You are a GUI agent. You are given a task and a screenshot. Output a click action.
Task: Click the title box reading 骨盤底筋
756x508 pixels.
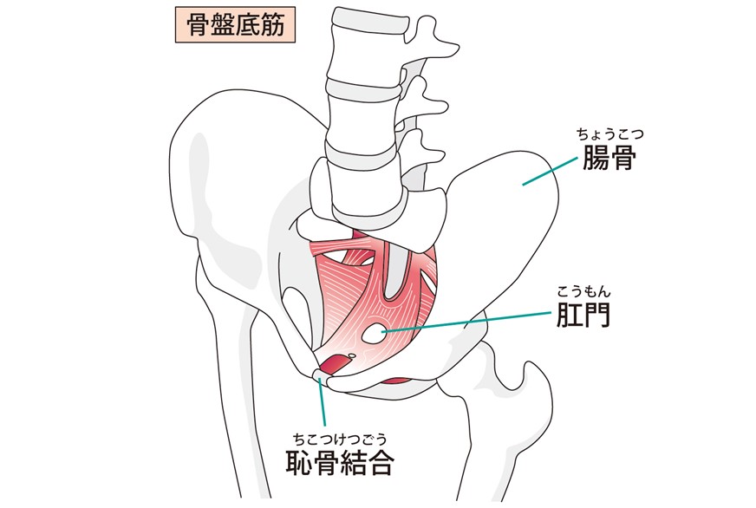235,25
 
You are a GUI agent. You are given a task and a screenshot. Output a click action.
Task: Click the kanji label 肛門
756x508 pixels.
583,314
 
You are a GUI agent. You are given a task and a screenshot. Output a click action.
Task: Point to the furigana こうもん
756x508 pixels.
583,291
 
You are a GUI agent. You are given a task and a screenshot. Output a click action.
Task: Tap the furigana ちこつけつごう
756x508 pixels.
341,439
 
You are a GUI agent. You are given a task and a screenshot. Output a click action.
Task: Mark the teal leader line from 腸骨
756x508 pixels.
551,171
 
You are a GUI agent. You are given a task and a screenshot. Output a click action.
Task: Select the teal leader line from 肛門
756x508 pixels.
466,321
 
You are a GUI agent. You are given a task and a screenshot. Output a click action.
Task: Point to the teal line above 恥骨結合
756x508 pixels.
322,402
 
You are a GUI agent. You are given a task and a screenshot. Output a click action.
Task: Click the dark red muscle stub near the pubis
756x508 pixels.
336,364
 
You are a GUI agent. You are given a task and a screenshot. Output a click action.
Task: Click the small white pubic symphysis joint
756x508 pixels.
322,376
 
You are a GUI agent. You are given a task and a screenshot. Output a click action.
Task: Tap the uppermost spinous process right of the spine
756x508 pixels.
435,39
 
